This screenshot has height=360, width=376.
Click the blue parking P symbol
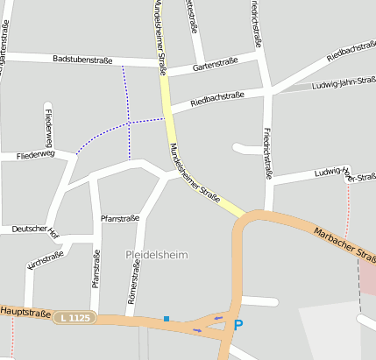click(x=237, y=325)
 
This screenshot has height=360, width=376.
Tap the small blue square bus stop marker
click(x=166, y=319)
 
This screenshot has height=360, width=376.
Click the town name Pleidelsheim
click(x=157, y=255)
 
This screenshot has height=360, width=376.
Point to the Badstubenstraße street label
click(x=82, y=60)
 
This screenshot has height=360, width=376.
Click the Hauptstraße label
click(x=25, y=311)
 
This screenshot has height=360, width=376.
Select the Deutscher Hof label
click(x=35, y=230)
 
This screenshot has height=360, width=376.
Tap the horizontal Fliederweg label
click(x=35, y=154)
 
